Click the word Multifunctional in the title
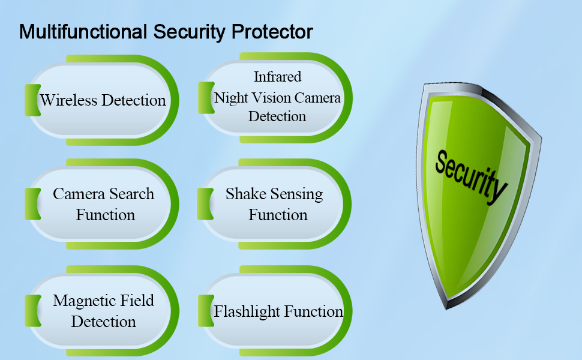tap(83, 32)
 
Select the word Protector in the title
tap(272, 32)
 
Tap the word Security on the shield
tap(470, 176)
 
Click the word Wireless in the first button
tap(68, 100)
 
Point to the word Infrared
tap(277, 77)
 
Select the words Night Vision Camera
tap(277, 98)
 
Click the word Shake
tap(246, 194)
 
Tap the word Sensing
tap(296, 194)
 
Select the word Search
tap(132, 194)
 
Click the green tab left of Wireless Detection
tap(32, 100)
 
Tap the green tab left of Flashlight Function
tap(206, 311)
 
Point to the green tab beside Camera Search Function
tap(32, 204)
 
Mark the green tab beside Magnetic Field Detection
tap(32, 311)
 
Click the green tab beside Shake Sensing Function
tap(205, 204)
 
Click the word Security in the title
tap(189, 32)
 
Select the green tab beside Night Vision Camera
tap(206, 98)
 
